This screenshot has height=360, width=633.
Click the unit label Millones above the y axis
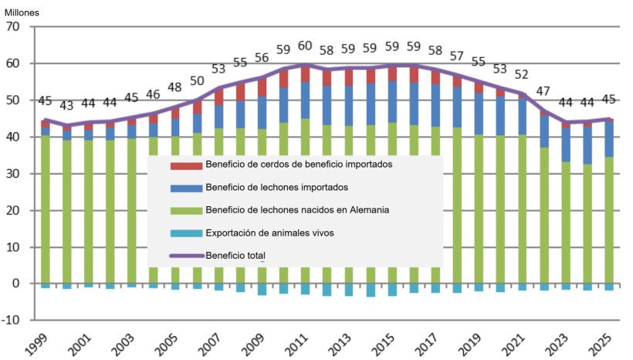[23, 12]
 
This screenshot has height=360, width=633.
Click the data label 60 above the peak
[305, 46]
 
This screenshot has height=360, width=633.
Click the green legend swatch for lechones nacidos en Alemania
[186, 210]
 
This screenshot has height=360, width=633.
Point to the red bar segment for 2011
[305, 73]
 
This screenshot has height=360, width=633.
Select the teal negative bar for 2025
[610, 287]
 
